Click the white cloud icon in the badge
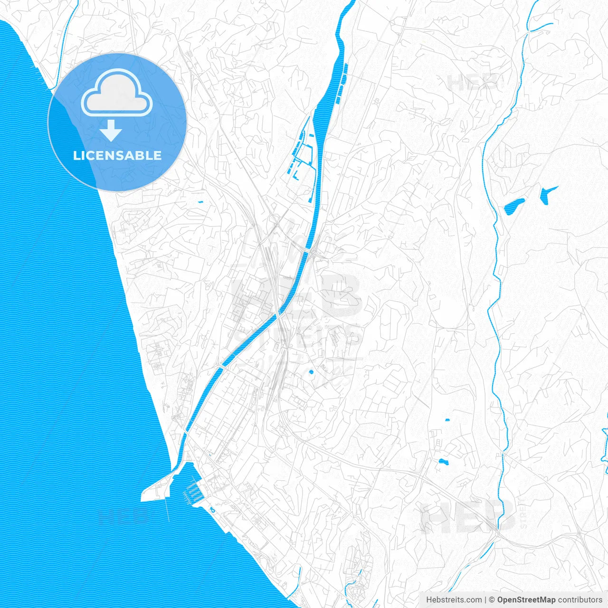[117, 93]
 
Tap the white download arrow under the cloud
[111, 130]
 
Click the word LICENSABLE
[117, 155]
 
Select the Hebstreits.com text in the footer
[454, 600]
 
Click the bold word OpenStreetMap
[526, 600]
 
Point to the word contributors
[580, 600]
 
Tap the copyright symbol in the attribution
[492, 600]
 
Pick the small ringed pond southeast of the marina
[212, 510]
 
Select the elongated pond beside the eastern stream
[513, 205]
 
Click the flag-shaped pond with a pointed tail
[546, 194]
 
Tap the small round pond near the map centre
[311, 372]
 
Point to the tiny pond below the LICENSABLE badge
[200, 202]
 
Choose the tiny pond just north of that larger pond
[447, 420]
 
